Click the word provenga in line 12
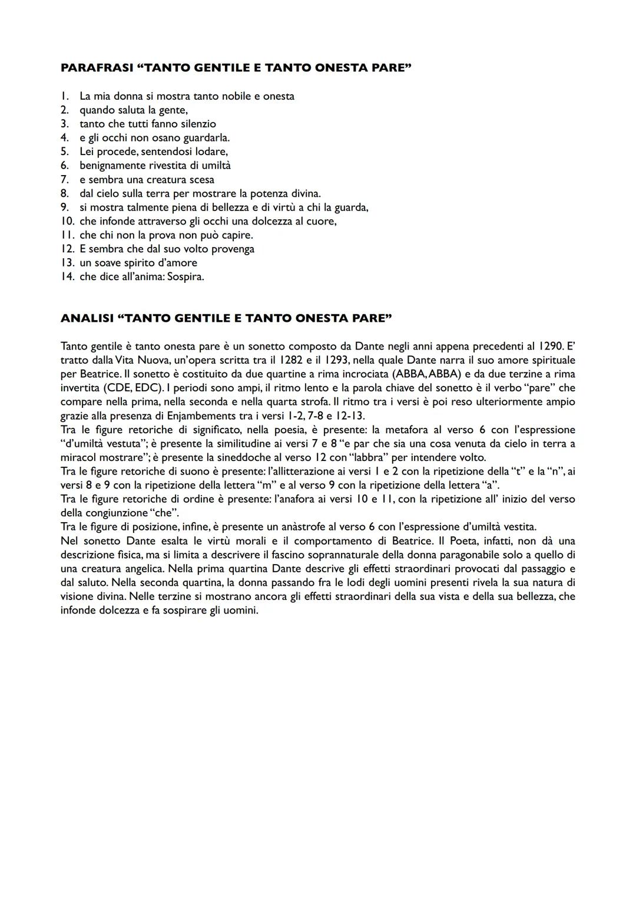click(x=230, y=249)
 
